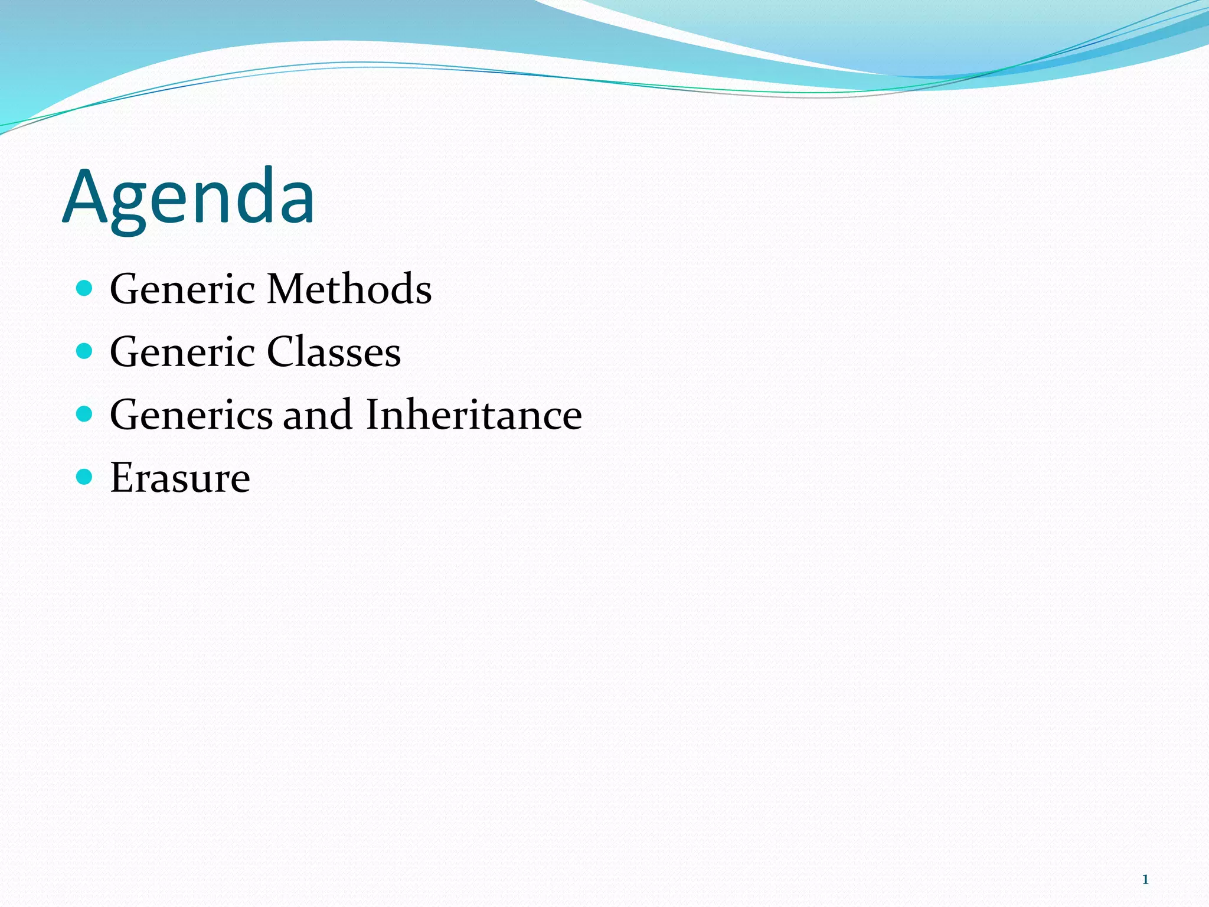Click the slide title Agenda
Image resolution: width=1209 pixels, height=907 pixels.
click(x=188, y=198)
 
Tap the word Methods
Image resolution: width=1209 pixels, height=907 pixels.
click(x=349, y=289)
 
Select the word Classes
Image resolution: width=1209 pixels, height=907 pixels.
click(x=334, y=353)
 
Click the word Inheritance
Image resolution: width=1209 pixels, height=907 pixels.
click(x=474, y=415)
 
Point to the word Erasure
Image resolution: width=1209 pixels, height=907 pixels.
click(x=180, y=478)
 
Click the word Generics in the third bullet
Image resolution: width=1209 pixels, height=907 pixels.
click(x=191, y=415)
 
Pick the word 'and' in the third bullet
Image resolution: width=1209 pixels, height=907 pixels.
click(x=318, y=415)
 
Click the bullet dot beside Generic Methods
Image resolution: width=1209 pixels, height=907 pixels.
click(x=85, y=288)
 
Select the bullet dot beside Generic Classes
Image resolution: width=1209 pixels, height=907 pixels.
click(x=85, y=351)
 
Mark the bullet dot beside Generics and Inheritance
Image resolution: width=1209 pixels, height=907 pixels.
click(x=85, y=414)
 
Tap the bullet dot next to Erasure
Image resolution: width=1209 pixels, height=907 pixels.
click(x=85, y=477)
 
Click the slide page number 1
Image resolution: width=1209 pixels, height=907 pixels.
click(x=1145, y=880)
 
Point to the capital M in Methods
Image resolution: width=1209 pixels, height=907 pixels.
click(x=287, y=289)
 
